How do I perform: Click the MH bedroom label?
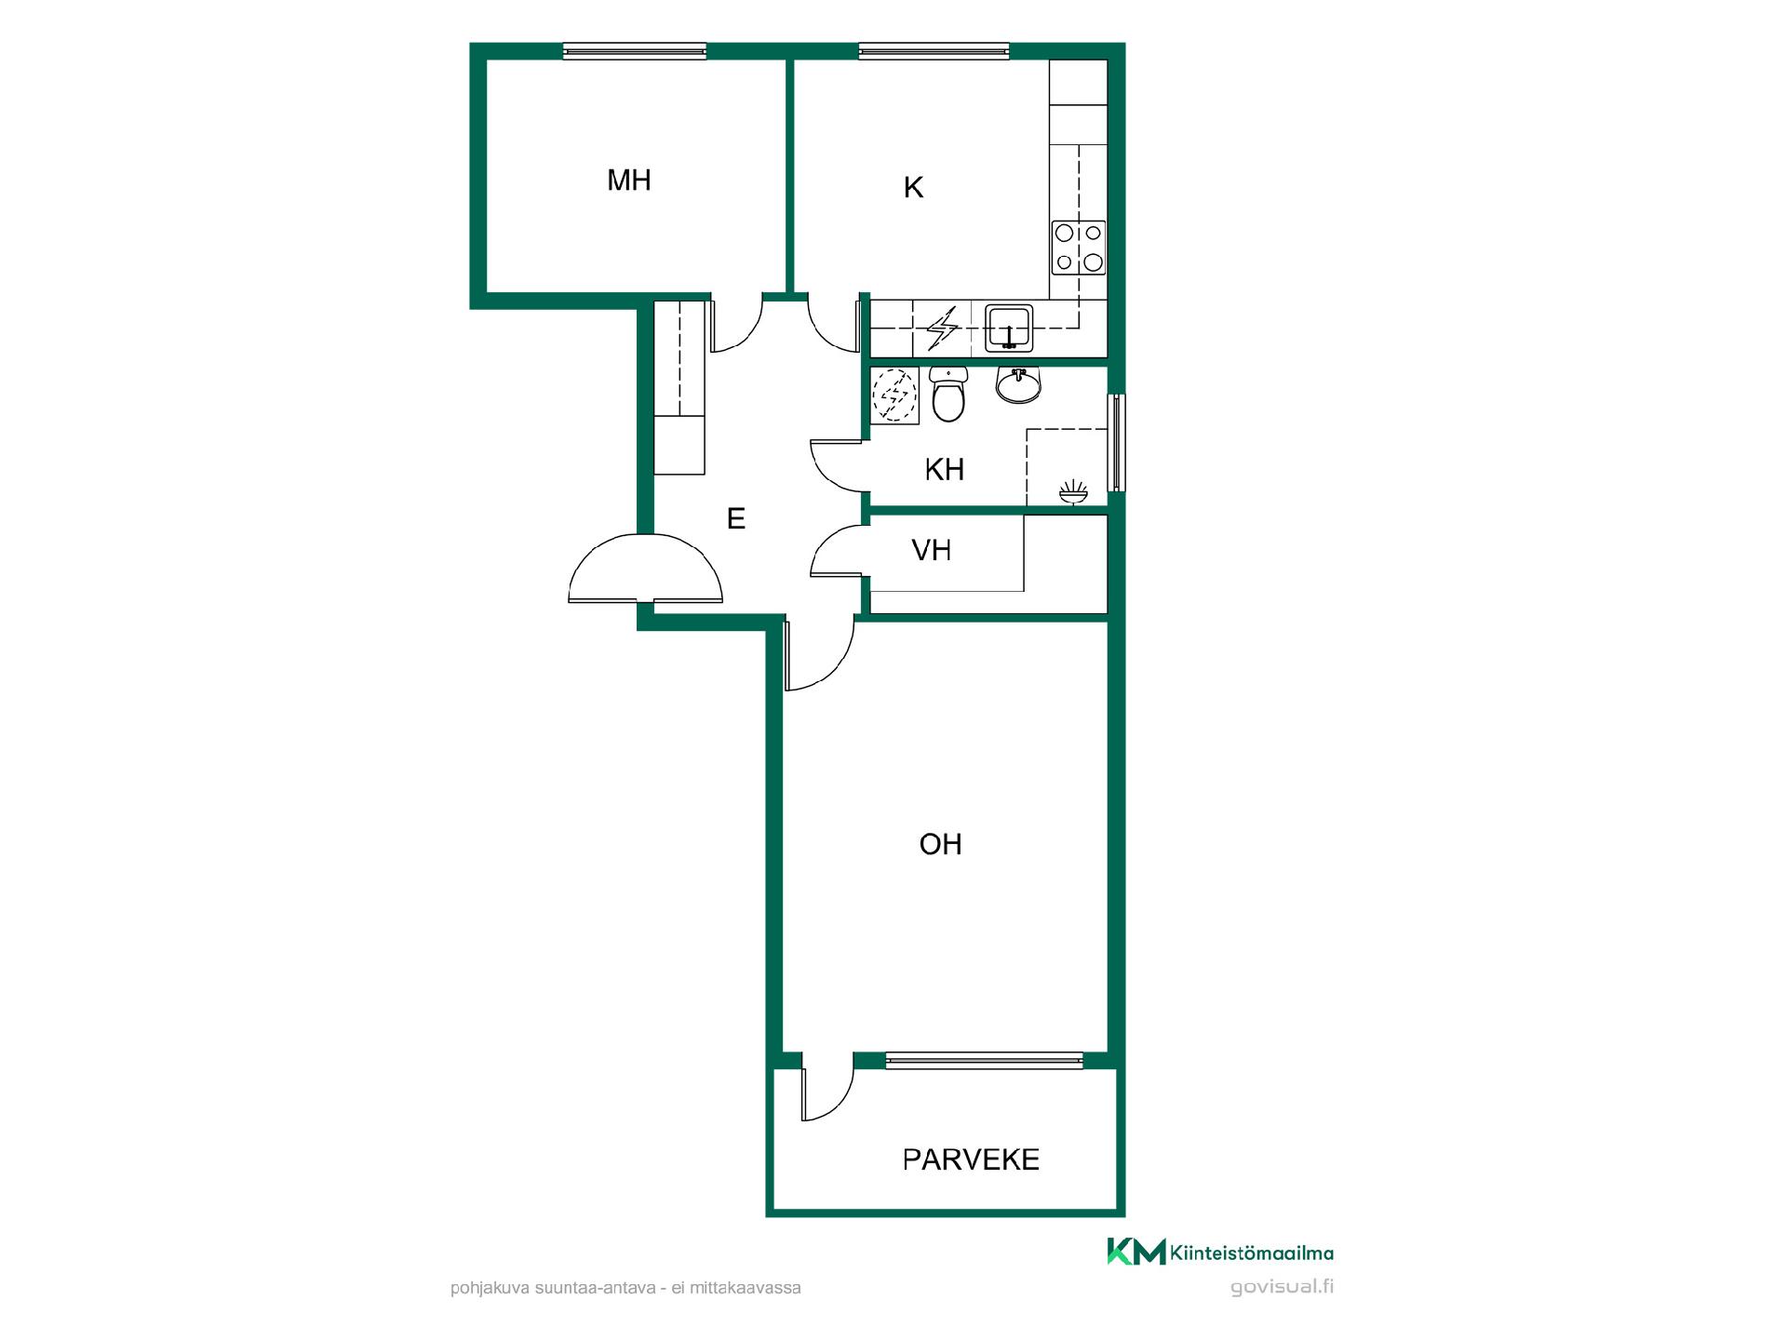coord(628,180)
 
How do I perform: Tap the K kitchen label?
coord(913,188)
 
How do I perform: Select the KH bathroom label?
coord(944,470)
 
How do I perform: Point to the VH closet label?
coord(931,551)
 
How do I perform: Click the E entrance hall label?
coord(736,518)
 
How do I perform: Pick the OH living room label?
coord(940,844)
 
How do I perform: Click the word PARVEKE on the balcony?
coord(971,1159)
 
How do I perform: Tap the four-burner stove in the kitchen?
coord(1079,248)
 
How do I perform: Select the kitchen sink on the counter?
coord(1009,328)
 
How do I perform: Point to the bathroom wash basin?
coord(1018,384)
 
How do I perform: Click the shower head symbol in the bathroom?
coord(1073,492)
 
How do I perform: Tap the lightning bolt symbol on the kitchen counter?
coord(944,328)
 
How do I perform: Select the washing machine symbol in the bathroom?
coord(894,395)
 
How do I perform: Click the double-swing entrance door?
coord(645,569)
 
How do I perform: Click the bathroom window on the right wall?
coord(1116,442)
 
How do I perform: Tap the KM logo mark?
coord(1135,1252)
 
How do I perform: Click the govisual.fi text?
coord(1282,1287)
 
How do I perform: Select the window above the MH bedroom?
coord(635,51)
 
